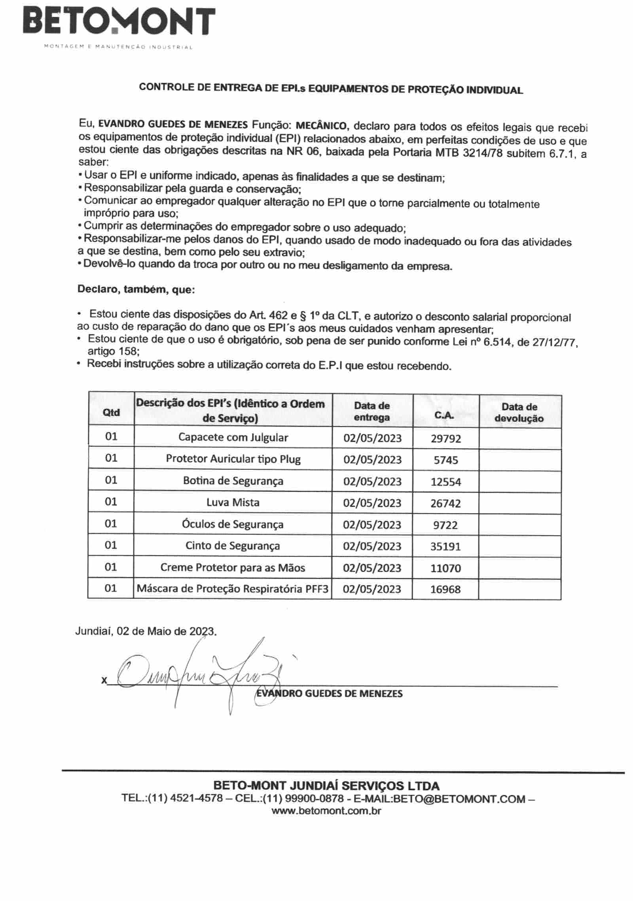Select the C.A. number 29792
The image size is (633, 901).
click(x=445, y=438)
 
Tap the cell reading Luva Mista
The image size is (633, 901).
click(x=233, y=503)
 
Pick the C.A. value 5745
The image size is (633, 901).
click(x=445, y=460)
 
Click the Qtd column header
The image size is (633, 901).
click(x=111, y=412)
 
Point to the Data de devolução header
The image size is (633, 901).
click(x=519, y=412)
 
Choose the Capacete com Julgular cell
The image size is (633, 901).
click(x=233, y=437)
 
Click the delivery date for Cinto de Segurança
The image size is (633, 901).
click(x=372, y=546)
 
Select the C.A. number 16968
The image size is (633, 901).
click(x=445, y=589)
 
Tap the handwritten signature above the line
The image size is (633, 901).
click(x=198, y=673)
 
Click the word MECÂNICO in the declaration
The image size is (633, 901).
click(x=321, y=126)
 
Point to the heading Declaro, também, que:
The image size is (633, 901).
click(x=136, y=289)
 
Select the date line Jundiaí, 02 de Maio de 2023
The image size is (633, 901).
click(x=146, y=631)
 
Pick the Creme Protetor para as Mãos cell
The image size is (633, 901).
click(x=233, y=568)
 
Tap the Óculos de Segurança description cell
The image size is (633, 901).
click(x=233, y=524)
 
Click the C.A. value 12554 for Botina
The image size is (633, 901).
click(x=445, y=482)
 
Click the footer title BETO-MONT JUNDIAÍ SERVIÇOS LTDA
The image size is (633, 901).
click(x=326, y=785)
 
